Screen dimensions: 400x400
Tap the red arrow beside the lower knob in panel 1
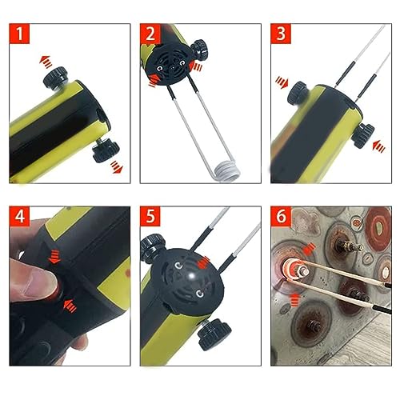(x=118, y=167)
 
